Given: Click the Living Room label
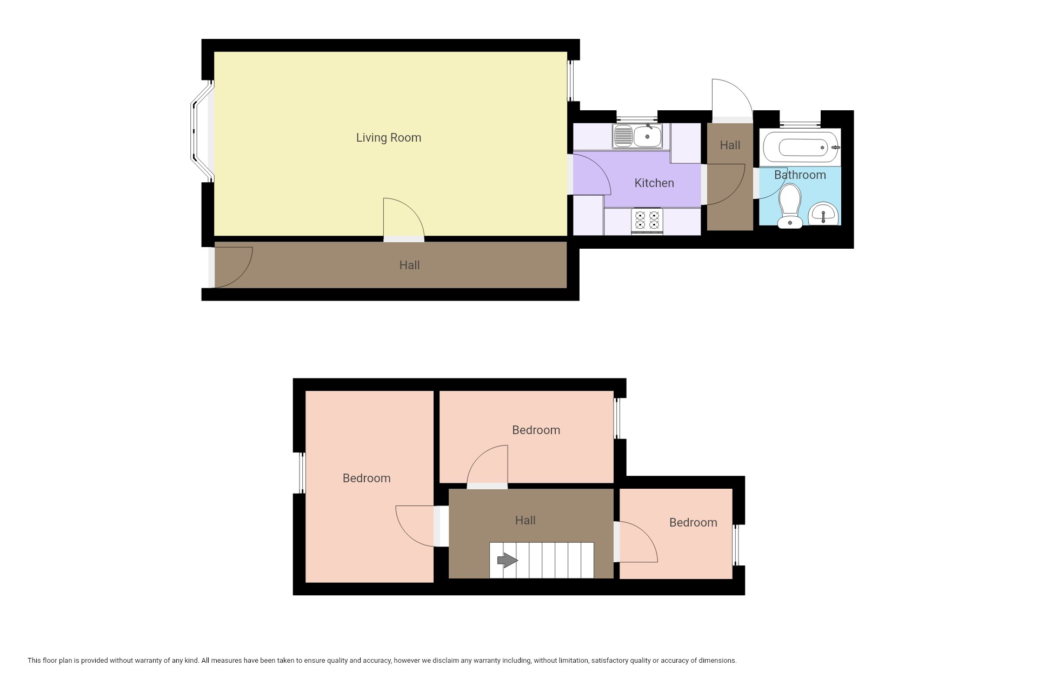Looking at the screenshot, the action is coord(388,137).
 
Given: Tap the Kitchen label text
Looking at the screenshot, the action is coord(654,183).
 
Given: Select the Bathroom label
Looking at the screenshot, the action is coord(800,175).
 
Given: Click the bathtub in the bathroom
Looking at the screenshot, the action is coord(800,147).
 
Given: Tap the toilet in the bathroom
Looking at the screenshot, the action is coord(790,206).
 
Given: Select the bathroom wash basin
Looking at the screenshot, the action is coord(823,214).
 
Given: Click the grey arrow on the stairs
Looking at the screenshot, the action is coord(507,560).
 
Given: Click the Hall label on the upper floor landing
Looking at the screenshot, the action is coord(525,520).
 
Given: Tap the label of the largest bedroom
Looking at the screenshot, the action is coord(367,478).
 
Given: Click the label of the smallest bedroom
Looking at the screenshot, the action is coord(693,522).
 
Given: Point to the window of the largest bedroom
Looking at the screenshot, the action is coord(303,473).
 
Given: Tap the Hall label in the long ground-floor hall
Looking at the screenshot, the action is coord(409,265).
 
